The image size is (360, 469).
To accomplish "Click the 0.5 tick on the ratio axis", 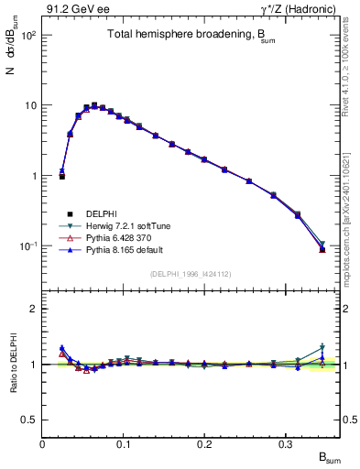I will click(x=31, y=420).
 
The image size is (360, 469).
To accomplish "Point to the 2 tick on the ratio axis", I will click(x=35, y=309).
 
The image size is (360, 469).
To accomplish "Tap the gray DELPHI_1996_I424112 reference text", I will click(x=190, y=274).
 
